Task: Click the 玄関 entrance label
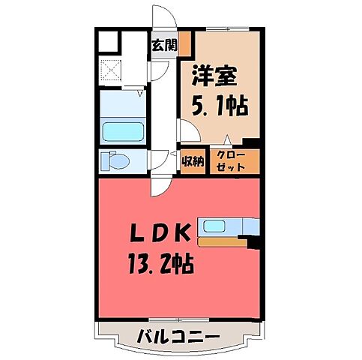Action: [165, 44]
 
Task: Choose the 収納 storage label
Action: [193, 160]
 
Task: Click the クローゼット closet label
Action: [231, 160]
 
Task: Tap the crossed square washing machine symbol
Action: [113, 72]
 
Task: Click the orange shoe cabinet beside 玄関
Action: [183, 43]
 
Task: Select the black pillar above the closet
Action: [253, 144]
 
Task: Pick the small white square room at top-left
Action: [107, 42]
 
